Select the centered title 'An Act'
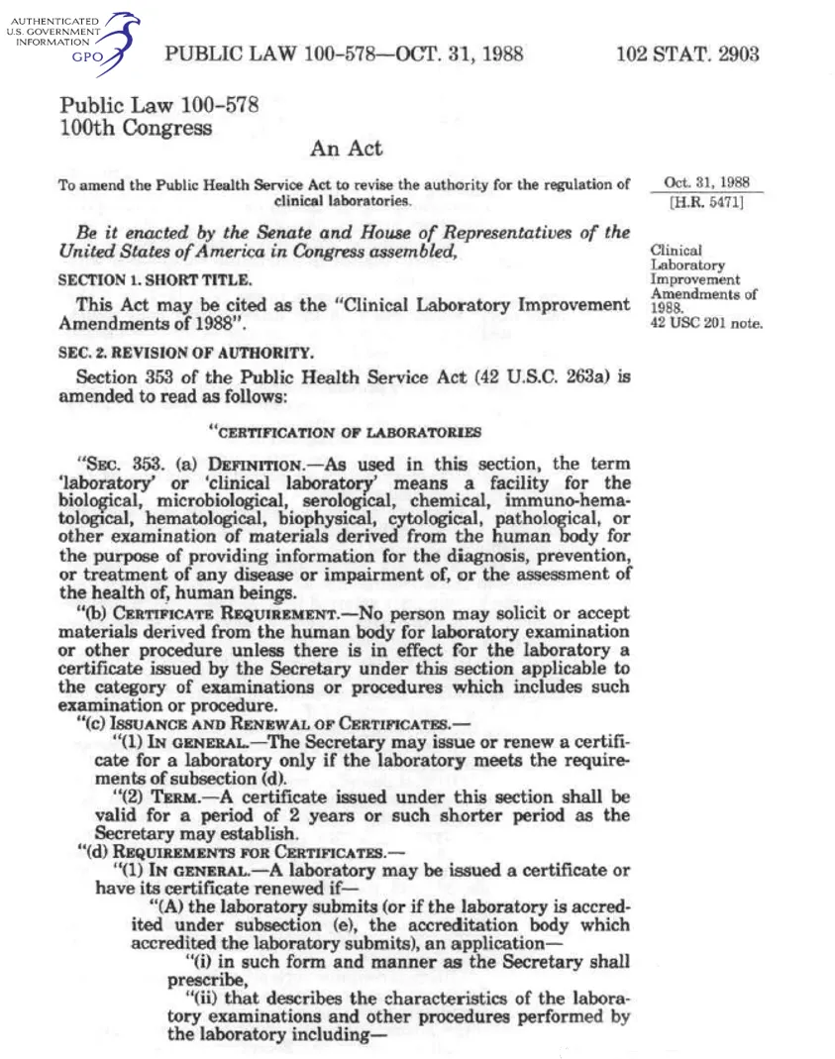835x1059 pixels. tap(346, 150)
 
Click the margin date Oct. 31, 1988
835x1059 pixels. tap(706, 183)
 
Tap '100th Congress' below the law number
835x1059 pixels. tap(136, 128)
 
